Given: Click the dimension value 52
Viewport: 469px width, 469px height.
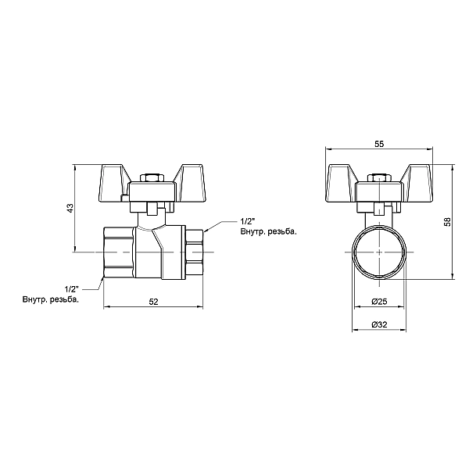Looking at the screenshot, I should [153, 302].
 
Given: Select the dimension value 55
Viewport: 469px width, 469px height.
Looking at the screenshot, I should [378, 145].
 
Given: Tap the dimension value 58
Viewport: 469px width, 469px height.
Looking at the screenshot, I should [446, 222].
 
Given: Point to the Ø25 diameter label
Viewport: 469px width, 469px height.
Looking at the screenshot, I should [378, 302].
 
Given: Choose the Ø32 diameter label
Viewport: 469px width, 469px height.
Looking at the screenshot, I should [378, 324].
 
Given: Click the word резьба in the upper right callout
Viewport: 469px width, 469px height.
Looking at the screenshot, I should [281, 232].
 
